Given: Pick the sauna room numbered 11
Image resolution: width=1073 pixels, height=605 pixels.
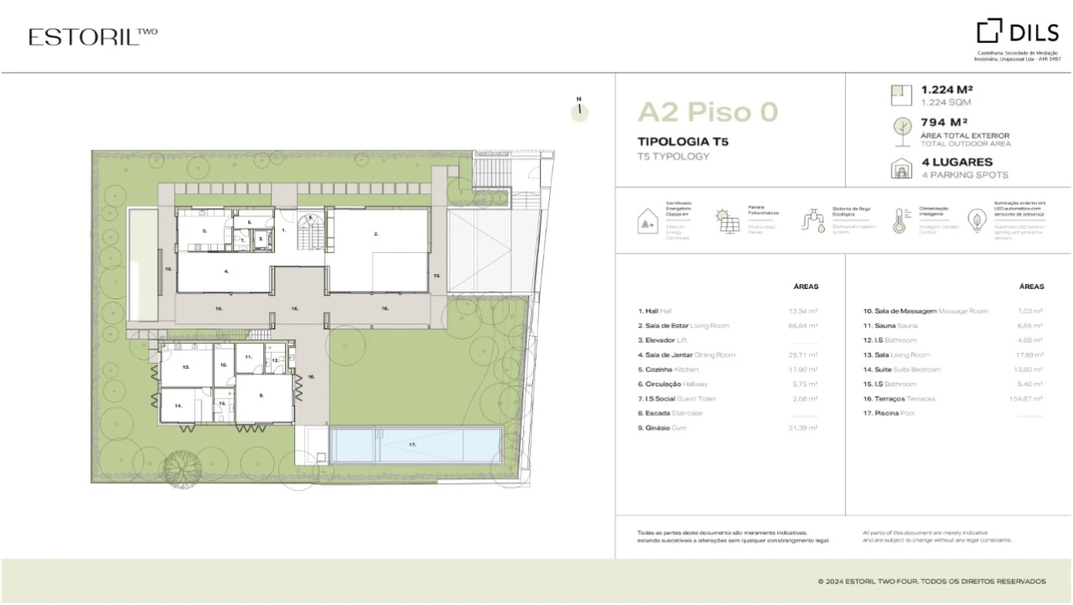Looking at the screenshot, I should pos(249,358).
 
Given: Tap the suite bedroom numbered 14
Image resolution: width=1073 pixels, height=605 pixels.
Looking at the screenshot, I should pos(180,407).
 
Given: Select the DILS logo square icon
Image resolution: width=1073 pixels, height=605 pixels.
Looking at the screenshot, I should pos(989,31).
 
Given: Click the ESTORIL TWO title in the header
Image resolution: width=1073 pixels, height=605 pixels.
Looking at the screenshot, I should pos(92,36).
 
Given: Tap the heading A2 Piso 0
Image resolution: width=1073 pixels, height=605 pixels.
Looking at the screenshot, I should pos(707,112).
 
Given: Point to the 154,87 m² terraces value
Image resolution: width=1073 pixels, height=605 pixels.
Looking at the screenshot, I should pos(1025,398).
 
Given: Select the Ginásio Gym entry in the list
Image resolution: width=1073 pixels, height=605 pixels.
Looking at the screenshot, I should pos(663,428).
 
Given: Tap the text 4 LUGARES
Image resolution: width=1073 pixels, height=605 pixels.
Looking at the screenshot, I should pos(956,162).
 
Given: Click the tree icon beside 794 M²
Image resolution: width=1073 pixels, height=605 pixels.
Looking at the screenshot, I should pos(901,128).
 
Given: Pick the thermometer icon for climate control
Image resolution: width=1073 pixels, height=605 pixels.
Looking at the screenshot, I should pos(899,220).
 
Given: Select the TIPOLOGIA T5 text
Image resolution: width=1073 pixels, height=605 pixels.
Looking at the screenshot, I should pos(683,141).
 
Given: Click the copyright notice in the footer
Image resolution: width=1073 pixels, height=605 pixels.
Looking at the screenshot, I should pos(931,581).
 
